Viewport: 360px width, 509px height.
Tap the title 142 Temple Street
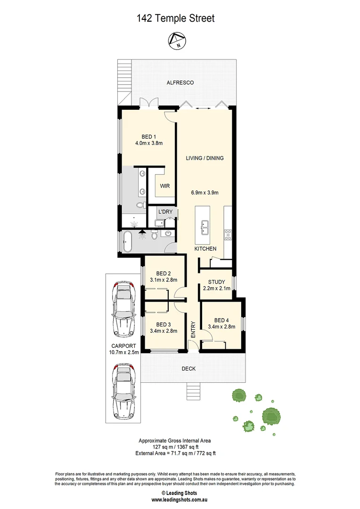coord(175,19)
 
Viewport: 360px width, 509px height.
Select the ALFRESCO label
coord(180,83)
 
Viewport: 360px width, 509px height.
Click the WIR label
coord(164,186)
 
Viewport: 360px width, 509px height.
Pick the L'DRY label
coord(164,212)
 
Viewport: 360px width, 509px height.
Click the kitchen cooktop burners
coord(228,234)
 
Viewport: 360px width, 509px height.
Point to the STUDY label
coord(217,282)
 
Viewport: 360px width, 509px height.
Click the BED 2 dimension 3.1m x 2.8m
coord(163,280)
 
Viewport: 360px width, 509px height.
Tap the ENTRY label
coord(193,329)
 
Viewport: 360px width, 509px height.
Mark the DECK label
coord(188,369)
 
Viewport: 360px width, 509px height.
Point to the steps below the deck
coord(194,391)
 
